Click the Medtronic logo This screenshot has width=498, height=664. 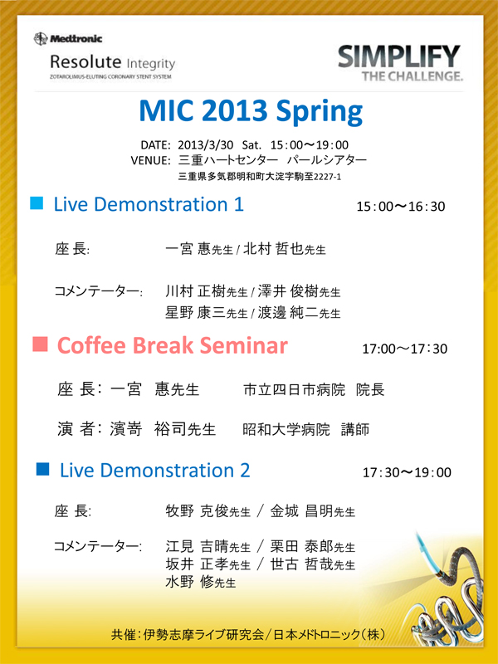click(68, 39)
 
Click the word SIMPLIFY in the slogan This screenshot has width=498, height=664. click(399, 56)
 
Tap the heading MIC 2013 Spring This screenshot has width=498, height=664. click(251, 111)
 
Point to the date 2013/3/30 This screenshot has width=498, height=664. click(205, 144)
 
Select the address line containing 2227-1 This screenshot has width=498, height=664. click(260, 177)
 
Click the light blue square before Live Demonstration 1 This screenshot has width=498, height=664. click(37, 203)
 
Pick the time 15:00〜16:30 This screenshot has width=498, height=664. click(401, 207)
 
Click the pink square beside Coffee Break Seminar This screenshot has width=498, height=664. click(40, 344)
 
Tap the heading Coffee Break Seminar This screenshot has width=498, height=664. click(173, 345)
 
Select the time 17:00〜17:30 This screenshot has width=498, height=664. click(404, 349)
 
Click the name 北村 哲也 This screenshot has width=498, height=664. click(273, 248)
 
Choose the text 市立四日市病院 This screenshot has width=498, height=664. click(294, 389)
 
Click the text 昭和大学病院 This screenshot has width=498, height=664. click(286, 429)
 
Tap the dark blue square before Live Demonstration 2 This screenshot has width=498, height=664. click(43, 469)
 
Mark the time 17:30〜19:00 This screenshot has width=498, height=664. click(407, 472)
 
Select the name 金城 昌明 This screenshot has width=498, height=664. click(301, 511)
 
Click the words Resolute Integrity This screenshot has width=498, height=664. click(112, 62)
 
